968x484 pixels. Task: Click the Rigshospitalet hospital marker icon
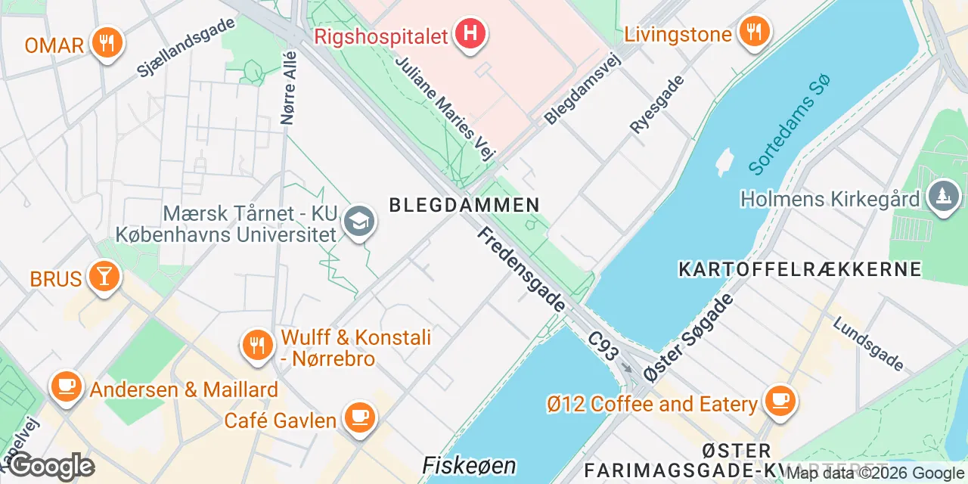[470, 34]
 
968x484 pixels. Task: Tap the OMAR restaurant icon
[107, 42]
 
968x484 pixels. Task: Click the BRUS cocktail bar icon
[104, 277]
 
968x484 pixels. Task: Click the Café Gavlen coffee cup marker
[359, 417]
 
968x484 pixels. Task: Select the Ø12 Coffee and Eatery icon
[780, 401]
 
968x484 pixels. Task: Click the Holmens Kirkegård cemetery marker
[943, 197]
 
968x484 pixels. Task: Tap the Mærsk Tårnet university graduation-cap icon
[358, 222]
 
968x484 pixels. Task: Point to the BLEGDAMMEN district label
[464, 204]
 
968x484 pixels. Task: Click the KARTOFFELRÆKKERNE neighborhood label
[800, 269]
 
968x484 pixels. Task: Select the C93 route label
[604, 349]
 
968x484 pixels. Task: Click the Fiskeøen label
[469, 464]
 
